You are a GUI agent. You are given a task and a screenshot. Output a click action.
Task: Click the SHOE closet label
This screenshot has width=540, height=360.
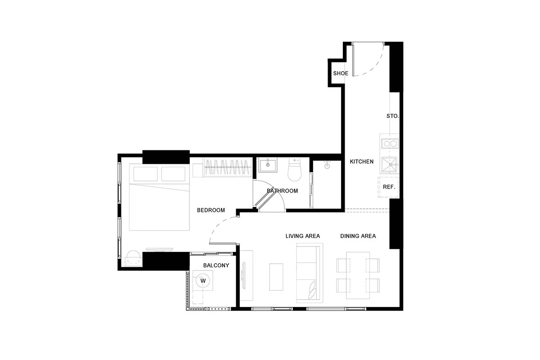(x=341, y=73)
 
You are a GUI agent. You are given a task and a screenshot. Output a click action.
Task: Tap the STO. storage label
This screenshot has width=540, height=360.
(x=393, y=116)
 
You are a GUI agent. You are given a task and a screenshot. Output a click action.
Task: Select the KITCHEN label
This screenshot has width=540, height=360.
(x=362, y=162)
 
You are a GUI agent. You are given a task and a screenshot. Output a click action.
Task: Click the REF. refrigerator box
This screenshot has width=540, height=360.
(x=388, y=187)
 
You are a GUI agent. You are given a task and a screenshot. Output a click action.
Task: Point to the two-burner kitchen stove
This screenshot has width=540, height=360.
(x=390, y=144)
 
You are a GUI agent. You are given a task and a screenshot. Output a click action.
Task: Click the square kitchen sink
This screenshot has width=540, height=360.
(x=389, y=165)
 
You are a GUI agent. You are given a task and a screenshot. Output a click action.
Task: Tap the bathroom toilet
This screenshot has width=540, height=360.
(x=294, y=170)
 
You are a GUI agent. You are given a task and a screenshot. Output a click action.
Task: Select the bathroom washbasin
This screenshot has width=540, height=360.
(x=268, y=165)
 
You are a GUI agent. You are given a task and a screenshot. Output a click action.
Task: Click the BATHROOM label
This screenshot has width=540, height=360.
(x=282, y=191)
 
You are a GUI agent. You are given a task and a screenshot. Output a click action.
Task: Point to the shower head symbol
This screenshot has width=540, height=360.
(x=327, y=165)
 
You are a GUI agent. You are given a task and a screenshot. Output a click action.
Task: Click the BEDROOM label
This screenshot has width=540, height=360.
(x=211, y=210)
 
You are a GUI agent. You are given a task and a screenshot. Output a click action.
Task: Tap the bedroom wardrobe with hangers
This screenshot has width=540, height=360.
(x=227, y=167)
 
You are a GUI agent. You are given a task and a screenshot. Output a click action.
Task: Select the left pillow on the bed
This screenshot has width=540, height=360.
(x=145, y=174)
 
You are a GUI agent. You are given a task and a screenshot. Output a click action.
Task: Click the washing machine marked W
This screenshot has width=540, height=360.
(x=203, y=281)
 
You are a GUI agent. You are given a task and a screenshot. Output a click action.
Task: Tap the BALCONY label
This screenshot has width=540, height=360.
(x=216, y=265)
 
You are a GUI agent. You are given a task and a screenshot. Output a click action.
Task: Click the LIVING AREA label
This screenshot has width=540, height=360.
(x=303, y=236)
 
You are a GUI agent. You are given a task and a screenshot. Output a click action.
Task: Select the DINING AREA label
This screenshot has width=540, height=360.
(x=358, y=236)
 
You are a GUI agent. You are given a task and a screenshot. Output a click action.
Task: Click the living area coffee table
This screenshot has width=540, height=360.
(x=276, y=277)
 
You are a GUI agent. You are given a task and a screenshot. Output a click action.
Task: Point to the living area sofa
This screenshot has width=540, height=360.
(x=310, y=273)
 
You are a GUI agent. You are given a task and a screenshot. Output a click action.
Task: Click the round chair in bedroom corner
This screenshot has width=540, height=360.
(x=133, y=258)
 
